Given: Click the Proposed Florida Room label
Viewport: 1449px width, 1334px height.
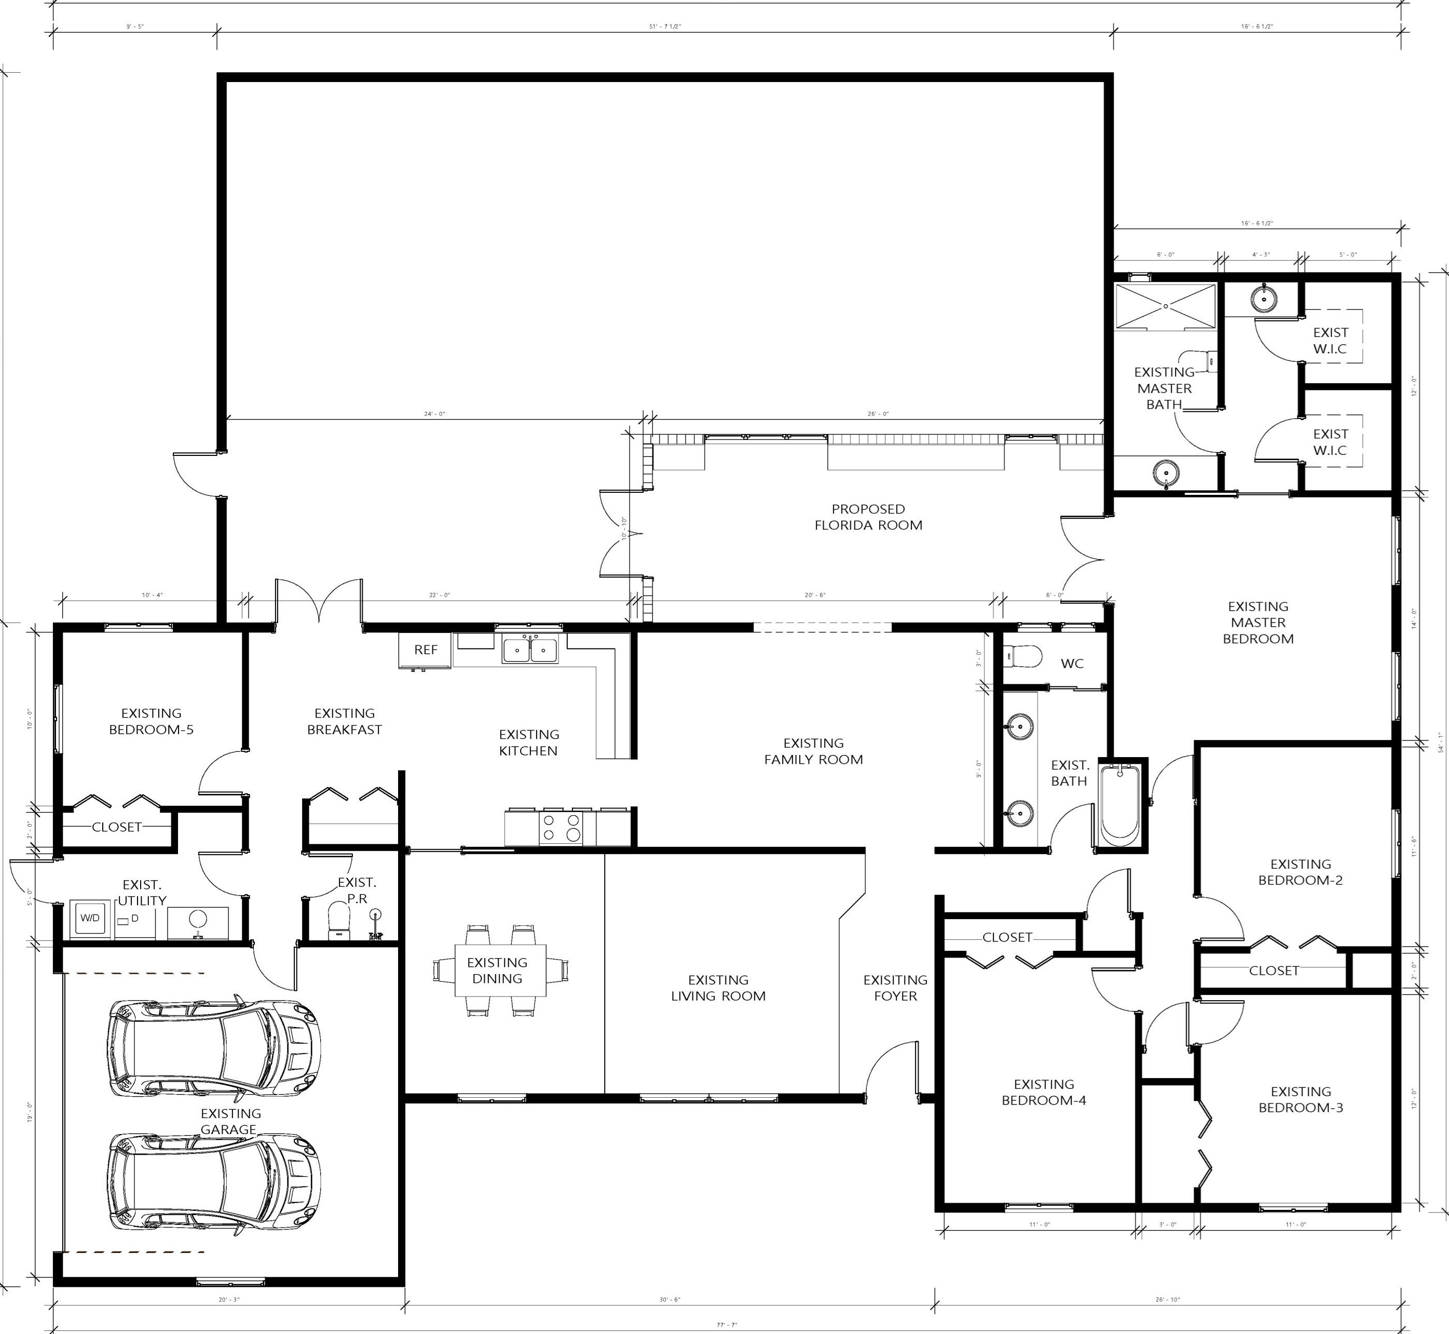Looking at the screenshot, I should (868, 517).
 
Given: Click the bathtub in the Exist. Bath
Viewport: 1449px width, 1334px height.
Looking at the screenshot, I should (1119, 805).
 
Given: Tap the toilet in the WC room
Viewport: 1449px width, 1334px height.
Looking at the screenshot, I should (1023, 657).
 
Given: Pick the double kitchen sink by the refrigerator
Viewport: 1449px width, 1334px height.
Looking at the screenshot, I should (530, 650).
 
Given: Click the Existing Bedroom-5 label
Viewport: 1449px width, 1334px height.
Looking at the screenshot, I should (151, 721).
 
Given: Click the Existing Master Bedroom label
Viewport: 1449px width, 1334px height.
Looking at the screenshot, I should (1258, 622).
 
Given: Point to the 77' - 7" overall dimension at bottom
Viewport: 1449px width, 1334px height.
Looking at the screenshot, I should (725, 1325).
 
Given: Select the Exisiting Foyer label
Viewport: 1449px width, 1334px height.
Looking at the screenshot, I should (895, 988).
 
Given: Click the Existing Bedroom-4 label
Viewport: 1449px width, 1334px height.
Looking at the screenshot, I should (1044, 1092).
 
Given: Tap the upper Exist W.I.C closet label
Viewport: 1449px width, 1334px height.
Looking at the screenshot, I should (1330, 340).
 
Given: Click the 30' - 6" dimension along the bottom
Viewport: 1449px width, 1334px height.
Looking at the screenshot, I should (669, 1299).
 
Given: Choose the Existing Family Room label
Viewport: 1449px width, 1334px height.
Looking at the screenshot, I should (813, 751).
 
